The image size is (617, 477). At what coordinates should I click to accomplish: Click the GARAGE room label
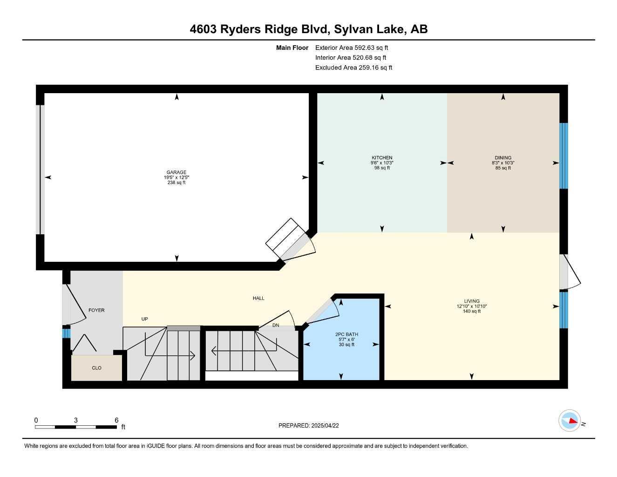[176, 172]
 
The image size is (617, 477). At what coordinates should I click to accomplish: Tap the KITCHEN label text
[382, 157]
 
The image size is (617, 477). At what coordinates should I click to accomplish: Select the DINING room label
[503, 157]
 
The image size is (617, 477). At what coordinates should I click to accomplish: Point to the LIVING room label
[472, 301]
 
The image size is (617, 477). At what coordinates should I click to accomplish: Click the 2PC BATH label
[346, 334]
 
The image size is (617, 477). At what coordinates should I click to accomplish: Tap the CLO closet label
[96, 368]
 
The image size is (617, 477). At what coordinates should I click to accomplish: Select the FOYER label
[96, 310]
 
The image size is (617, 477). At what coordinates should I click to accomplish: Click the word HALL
[258, 298]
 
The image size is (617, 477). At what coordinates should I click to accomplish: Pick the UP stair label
[144, 319]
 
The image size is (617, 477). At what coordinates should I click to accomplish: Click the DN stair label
[276, 325]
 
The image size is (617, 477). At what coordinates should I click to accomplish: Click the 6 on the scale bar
[116, 420]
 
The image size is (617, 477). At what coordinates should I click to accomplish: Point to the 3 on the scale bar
[76, 420]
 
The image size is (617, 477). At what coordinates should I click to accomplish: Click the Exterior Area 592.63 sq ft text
[352, 48]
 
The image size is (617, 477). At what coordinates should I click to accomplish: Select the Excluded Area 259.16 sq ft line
[353, 68]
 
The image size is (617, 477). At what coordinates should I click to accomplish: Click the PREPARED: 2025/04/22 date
[308, 426]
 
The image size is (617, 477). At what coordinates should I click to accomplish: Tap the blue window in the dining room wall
[563, 156]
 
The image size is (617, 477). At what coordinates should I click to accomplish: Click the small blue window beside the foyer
[66, 334]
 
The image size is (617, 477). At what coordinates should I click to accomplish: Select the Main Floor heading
[292, 48]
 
